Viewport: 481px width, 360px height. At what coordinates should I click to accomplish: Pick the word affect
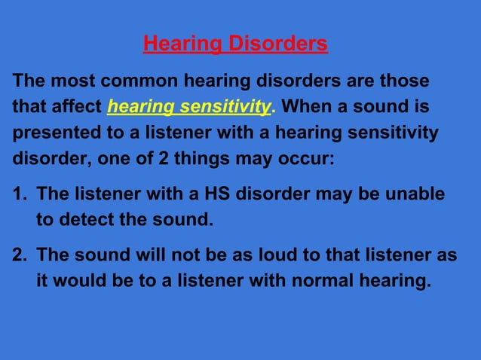[78, 107]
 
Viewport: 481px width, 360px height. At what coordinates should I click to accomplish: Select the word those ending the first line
[404, 81]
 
